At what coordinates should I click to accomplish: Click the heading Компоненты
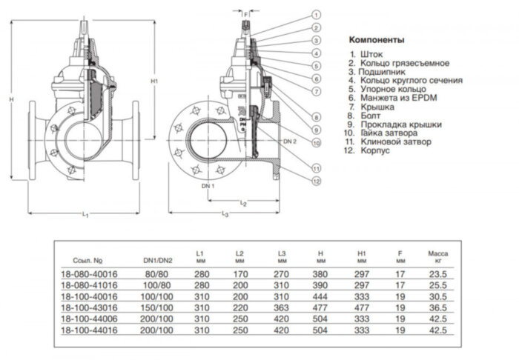[376, 39]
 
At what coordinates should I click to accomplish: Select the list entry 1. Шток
[370, 55]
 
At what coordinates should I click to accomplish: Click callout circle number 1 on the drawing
[316, 14]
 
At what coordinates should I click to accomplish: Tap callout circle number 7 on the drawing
[316, 90]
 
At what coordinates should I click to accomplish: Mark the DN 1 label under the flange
[209, 186]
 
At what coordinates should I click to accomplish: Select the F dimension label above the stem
[246, 13]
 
